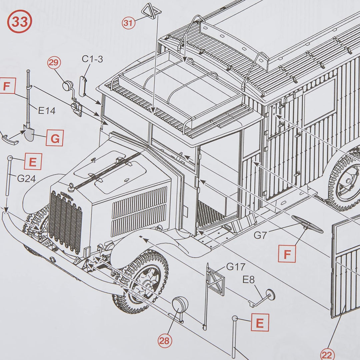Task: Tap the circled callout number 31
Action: click(x=128, y=23)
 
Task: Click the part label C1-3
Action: click(x=92, y=59)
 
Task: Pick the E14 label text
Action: click(x=46, y=111)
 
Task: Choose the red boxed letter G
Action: click(x=55, y=138)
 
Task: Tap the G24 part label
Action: click(x=26, y=179)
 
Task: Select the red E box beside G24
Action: click(x=33, y=162)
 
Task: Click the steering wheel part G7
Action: click(x=307, y=224)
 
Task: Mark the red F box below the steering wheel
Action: click(x=287, y=254)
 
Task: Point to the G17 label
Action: click(x=236, y=267)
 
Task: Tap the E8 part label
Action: click(x=248, y=280)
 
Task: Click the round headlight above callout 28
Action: click(x=180, y=304)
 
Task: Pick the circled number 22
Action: click(x=328, y=354)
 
